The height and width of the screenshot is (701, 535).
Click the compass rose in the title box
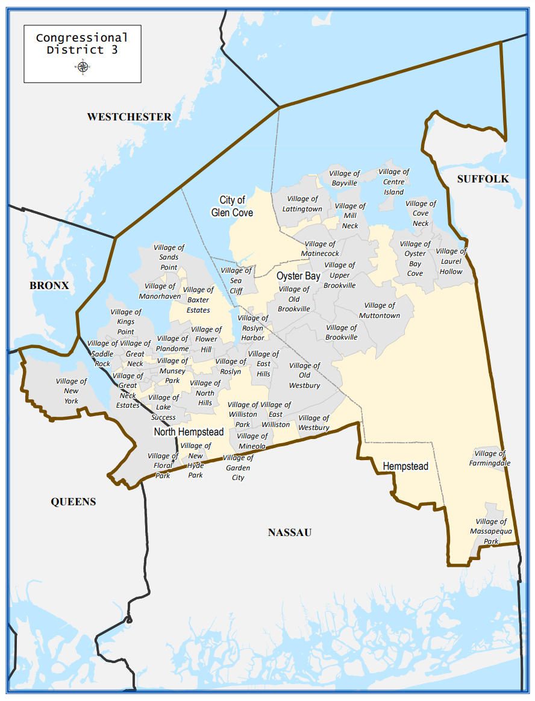click(x=83, y=67)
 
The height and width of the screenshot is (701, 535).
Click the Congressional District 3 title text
click(x=83, y=44)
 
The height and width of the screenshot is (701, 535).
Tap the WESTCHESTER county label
click(x=129, y=117)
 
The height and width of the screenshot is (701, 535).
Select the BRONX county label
click(x=49, y=285)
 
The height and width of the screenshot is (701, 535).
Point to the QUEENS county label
click(x=74, y=502)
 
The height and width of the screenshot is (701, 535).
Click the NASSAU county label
click(x=290, y=532)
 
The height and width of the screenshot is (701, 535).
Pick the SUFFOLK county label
click(x=483, y=179)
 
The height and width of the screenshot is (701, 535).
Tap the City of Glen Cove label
click(x=232, y=207)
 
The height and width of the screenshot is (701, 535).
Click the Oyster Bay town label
click(x=298, y=276)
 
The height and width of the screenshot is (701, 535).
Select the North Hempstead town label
click(x=189, y=432)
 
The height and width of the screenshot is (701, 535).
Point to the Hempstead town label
click(x=405, y=467)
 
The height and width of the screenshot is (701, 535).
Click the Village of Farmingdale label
click(x=490, y=458)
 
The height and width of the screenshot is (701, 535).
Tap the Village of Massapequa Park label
click(x=491, y=531)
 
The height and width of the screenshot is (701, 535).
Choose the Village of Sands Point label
click(x=169, y=257)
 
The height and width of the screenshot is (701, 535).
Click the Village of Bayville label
click(x=345, y=178)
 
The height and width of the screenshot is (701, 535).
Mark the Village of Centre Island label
click(x=394, y=182)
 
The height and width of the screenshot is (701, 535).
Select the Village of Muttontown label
click(x=380, y=310)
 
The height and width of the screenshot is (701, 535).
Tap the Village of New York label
click(x=71, y=391)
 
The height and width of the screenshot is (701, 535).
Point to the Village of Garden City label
click(x=238, y=467)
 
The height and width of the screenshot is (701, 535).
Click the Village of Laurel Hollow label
click(x=451, y=261)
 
